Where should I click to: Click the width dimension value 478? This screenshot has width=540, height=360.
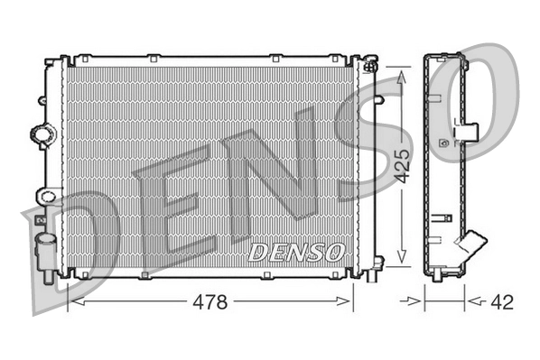pos(211,301)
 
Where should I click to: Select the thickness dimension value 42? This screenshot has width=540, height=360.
pos(502,301)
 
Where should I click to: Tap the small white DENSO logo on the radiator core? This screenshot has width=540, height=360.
pos(296,252)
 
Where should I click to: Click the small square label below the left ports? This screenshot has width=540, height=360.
pos(40,217)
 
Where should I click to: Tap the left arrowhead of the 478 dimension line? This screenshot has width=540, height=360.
pos(74,301)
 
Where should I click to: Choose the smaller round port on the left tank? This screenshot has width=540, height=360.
pos(45,195)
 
